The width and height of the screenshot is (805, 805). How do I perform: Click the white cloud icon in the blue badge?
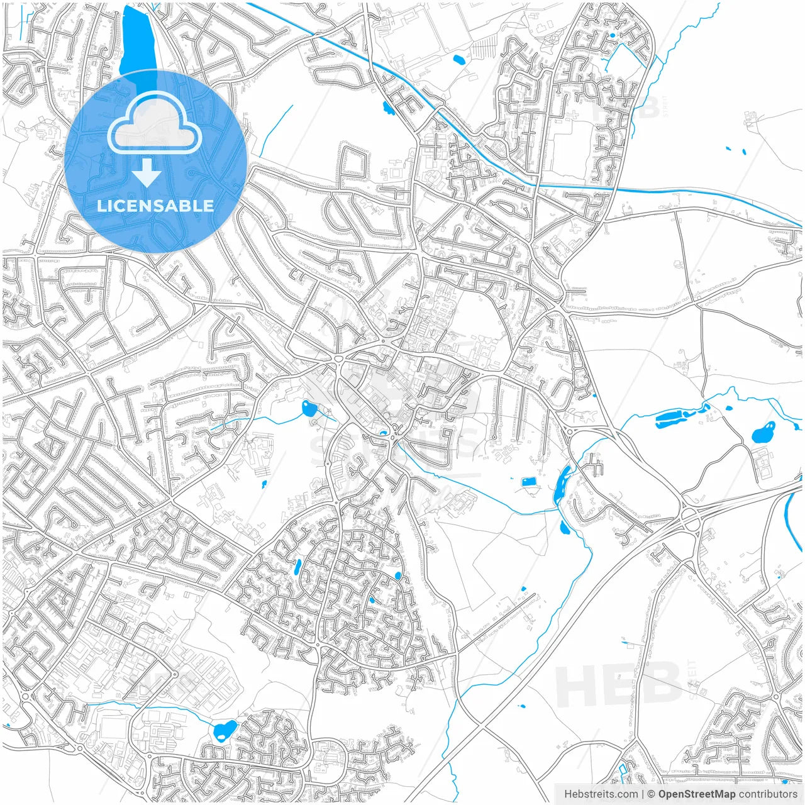click(155, 123)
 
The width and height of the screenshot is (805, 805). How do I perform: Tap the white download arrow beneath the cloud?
click(147, 172)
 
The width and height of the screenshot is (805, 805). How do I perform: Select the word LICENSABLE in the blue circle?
click(155, 206)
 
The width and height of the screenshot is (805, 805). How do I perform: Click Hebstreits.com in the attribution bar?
click(601, 794)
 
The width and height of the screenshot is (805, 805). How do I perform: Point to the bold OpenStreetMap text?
click(696, 794)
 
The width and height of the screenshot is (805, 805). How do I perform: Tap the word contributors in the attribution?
click(768, 794)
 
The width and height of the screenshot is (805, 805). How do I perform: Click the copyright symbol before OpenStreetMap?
click(652, 794)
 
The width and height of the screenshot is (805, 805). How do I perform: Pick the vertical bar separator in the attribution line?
click(643, 794)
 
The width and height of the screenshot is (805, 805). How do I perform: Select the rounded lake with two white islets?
click(763, 433)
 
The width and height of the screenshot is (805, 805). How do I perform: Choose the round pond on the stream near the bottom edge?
click(224, 730)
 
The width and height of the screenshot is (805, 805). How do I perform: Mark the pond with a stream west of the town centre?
click(309, 409)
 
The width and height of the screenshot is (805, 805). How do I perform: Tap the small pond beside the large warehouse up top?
click(458, 60)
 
